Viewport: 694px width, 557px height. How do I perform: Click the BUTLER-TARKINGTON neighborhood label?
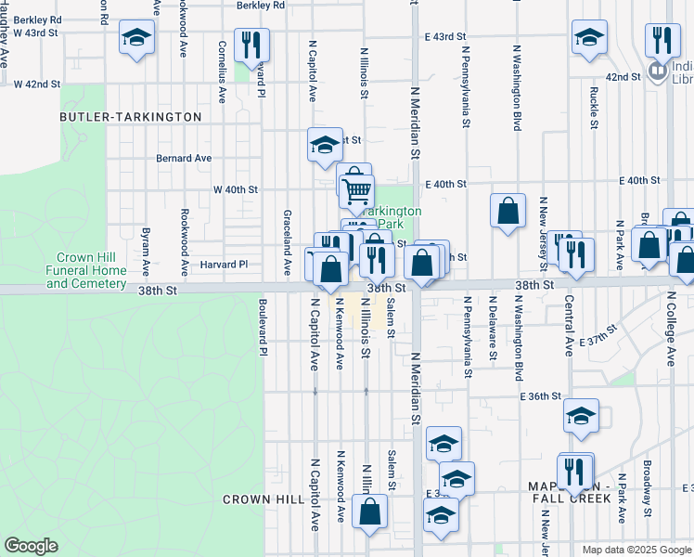pyautogui.click(x=130, y=117)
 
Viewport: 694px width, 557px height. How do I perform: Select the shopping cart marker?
pyautogui.click(x=356, y=191)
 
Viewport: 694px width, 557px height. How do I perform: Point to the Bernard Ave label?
pyautogui.click(x=184, y=159)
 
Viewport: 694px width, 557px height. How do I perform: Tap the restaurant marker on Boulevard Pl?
pyautogui.click(x=251, y=44)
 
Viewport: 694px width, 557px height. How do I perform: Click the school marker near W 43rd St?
pyautogui.click(x=137, y=39)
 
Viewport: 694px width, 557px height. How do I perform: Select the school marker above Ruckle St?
pyautogui.click(x=588, y=37)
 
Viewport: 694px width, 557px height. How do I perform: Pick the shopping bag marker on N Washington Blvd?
pyautogui.click(x=508, y=211)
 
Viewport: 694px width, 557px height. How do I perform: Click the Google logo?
pyautogui.click(x=31, y=546)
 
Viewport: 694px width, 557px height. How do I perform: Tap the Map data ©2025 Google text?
pyautogui.click(x=636, y=550)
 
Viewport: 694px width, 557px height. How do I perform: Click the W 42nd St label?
pyautogui.click(x=37, y=84)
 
